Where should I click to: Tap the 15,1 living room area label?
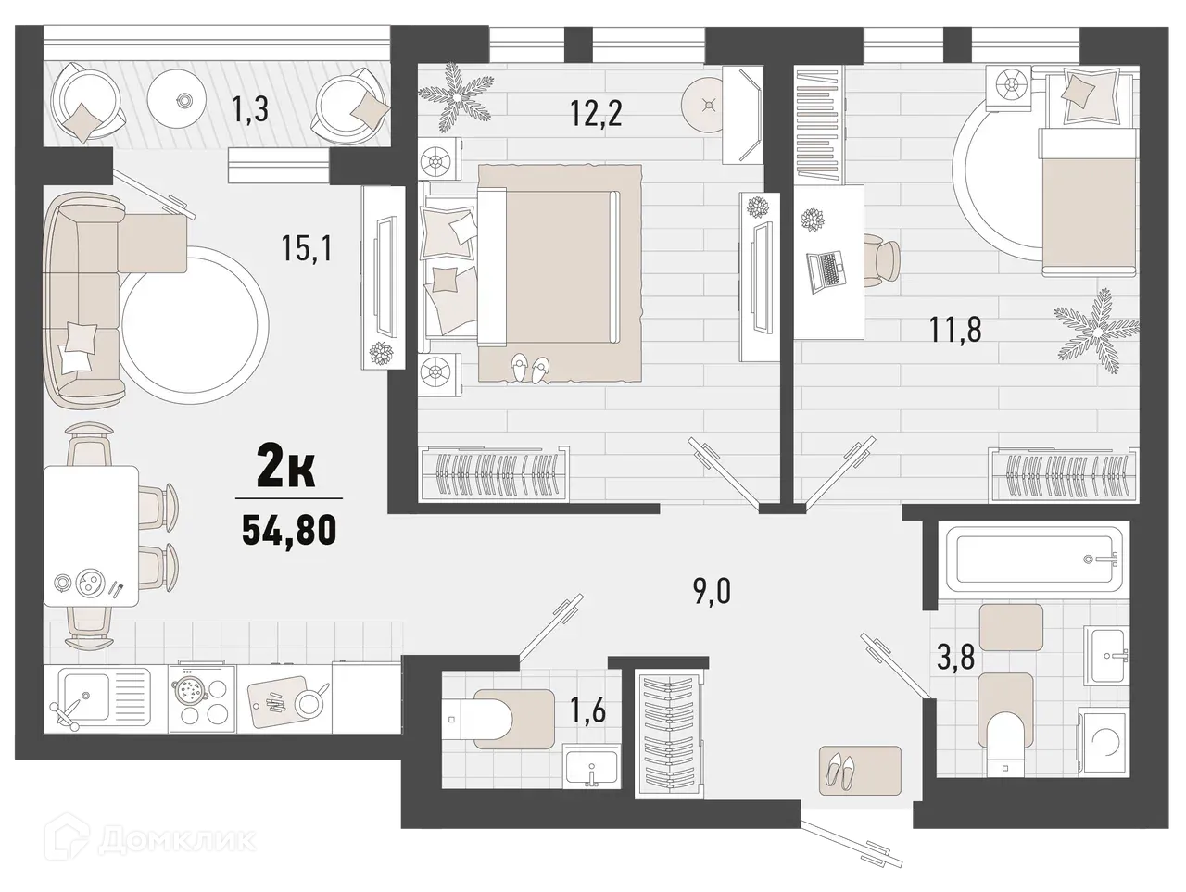click(x=307, y=248)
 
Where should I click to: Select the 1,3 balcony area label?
click(x=249, y=111)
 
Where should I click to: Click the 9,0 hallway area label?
click(x=711, y=589)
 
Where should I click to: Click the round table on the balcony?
click(x=182, y=100)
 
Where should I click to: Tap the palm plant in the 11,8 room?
click(x=1094, y=327)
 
